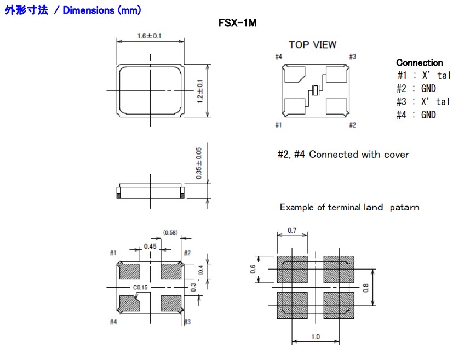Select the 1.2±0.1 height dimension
click(200, 91)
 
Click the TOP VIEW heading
click(313, 45)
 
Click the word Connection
click(419, 62)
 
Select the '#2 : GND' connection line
click(416, 88)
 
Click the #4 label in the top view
click(278, 57)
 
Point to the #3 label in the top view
click(353, 57)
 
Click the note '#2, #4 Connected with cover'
click(343, 155)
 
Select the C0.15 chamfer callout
click(141, 288)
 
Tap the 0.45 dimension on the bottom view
click(150, 247)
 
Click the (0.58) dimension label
click(170, 233)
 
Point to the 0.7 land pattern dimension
click(292, 231)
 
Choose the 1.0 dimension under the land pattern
click(316, 336)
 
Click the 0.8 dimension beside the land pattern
click(366, 288)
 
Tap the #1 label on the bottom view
click(113, 253)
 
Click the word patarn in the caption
click(406, 207)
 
